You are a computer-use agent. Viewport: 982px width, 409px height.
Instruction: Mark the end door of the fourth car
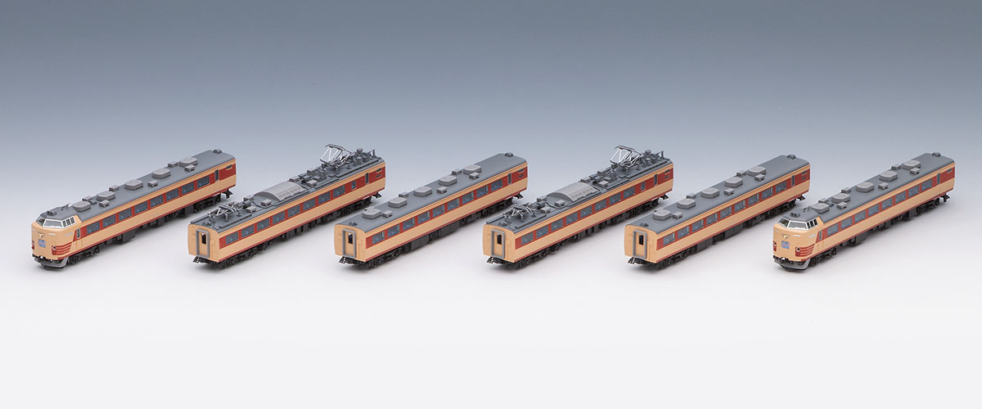pos(497,240)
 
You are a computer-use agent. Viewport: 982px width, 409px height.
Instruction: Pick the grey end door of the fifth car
pos(640,240)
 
